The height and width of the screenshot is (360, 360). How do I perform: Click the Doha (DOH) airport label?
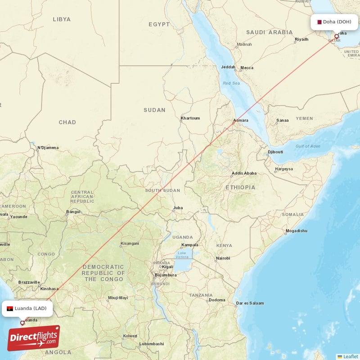(337, 22)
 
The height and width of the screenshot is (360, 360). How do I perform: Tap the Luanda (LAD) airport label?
(30, 308)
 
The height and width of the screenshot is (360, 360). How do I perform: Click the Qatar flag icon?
(319, 22)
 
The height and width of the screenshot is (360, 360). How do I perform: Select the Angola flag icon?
(10, 308)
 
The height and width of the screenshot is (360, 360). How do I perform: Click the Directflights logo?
(34, 338)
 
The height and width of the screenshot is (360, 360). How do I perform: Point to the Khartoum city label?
(190, 118)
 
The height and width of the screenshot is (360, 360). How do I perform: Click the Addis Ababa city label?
(244, 173)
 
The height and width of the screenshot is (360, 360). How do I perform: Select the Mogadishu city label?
(296, 231)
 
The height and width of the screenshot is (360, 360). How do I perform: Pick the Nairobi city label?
(222, 258)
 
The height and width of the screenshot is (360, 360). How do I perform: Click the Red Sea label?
(232, 84)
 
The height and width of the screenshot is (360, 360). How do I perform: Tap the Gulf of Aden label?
(308, 146)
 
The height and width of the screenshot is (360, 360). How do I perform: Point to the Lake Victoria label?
(182, 255)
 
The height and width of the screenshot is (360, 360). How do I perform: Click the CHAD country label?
(67, 122)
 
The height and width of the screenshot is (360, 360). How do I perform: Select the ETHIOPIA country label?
(240, 187)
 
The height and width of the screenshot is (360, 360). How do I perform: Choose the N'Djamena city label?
(48, 147)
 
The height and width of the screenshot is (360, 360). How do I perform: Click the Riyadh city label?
(301, 40)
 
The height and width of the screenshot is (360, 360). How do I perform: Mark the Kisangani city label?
(130, 244)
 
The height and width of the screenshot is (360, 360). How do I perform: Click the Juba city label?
(178, 207)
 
